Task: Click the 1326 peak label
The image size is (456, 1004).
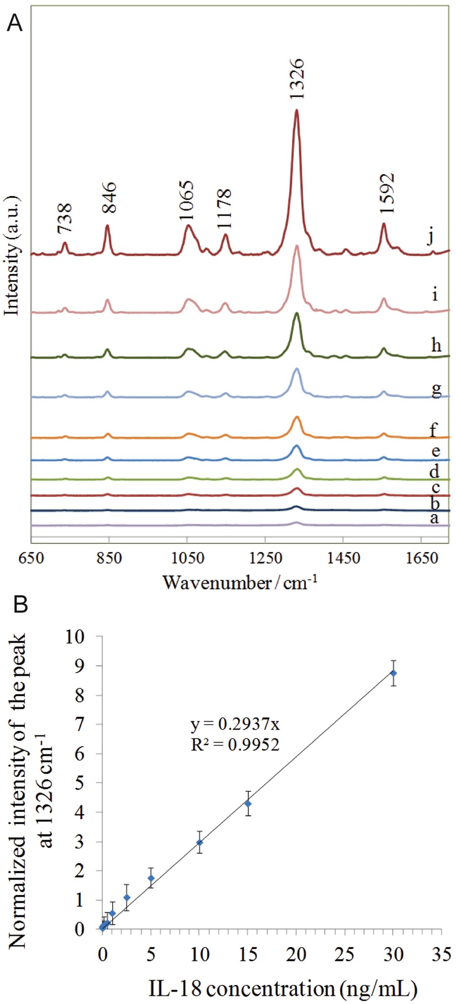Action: point(296,79)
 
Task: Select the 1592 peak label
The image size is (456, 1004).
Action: point(386,193)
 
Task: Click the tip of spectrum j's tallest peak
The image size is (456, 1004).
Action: point(296,110)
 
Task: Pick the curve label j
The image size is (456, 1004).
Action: point(430,236)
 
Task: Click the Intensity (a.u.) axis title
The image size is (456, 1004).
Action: point(13,256)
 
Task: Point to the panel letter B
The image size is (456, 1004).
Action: point(21,604)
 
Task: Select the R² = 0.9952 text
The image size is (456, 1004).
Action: point(235,744)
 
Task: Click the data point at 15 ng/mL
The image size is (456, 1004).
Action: point(248,803)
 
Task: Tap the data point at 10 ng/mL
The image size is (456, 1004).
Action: point(199,843)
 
